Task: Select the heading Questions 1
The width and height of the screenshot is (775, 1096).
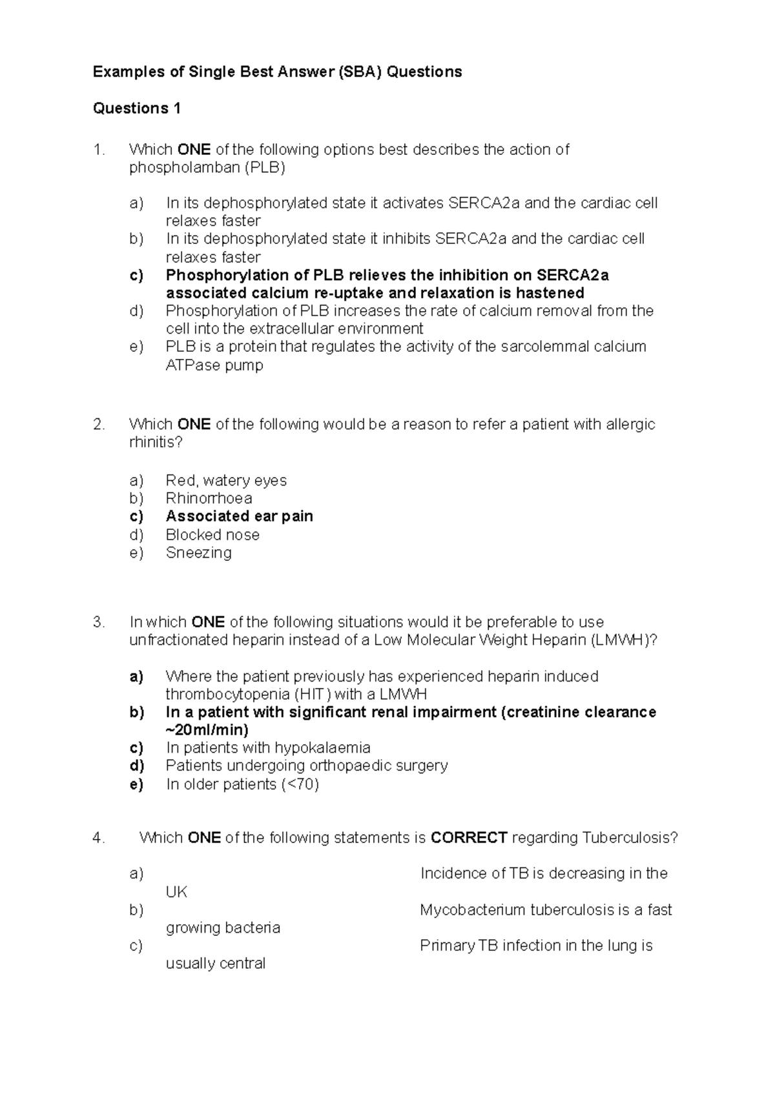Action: (x=137, y=108)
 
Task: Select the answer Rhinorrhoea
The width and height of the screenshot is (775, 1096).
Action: (x=209, y=498)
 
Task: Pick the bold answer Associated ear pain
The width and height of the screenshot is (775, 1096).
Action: (x=239, y=516)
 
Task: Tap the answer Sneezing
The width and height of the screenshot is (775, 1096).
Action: (x=198, y=553)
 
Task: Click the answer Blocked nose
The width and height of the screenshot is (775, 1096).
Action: (x=212, y=534)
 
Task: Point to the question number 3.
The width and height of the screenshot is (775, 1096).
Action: (x=98, y=622)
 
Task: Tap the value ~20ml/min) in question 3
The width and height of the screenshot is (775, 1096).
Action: (x=207, y=730)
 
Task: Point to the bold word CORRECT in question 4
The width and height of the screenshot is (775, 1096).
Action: (x=468, y=838)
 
